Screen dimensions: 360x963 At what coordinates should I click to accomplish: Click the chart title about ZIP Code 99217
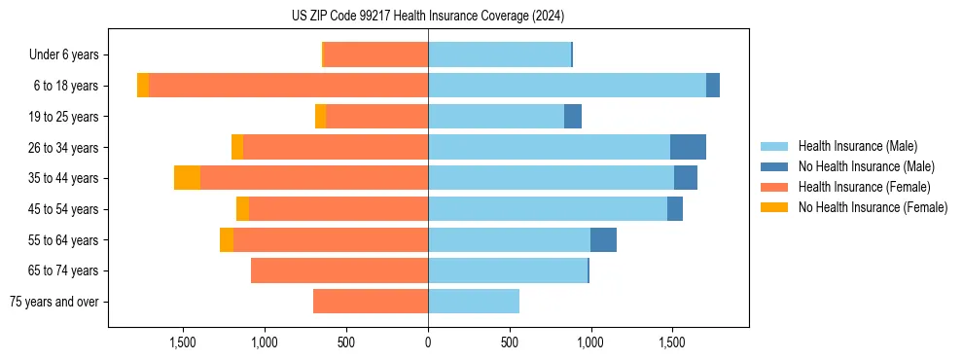(428, 16)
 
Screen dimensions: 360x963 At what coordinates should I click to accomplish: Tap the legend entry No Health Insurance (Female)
(873, 207)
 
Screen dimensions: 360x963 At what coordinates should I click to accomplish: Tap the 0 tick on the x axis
(428, 342)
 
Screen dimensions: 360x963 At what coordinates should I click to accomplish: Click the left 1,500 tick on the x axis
(184, 342)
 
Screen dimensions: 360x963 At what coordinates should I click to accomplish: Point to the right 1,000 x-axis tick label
(590, 342)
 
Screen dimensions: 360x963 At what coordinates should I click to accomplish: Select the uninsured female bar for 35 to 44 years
(187, 178)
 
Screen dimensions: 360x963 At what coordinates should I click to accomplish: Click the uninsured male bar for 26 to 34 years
(688, 147)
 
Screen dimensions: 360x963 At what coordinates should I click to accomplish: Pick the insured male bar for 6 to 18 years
(567, 86)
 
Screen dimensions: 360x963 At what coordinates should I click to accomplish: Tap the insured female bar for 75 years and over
(371, 302)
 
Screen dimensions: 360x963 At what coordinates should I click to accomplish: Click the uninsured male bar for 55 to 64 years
(603, 239)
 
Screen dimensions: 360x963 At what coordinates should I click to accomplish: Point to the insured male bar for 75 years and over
(474, 302)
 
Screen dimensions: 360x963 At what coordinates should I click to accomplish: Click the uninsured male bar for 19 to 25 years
(573, 117)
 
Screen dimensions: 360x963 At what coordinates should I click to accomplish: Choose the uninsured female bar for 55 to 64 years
(227, 239)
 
